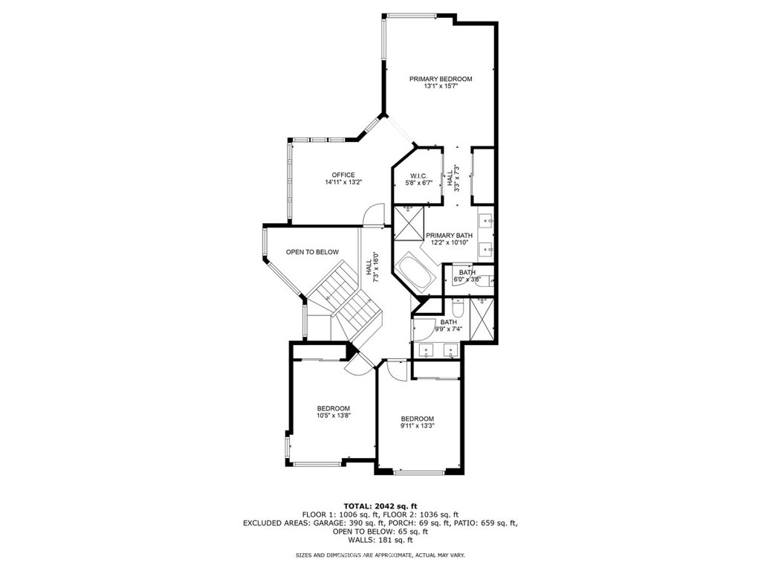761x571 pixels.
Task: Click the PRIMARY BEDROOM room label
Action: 441,79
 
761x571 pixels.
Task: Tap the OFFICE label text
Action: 343,175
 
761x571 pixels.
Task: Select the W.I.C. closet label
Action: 418,175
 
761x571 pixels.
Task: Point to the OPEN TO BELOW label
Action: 312,252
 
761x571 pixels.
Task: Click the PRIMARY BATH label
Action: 449,236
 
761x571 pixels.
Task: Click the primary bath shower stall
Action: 409,222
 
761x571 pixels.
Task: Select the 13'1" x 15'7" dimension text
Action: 441,86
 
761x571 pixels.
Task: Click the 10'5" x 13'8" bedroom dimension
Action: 334,416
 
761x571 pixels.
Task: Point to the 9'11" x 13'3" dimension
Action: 418,426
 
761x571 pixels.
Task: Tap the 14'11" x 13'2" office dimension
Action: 343,183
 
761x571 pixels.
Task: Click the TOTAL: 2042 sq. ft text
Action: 380,506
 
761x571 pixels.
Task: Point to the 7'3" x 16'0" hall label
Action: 372,267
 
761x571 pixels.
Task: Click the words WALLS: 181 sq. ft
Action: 380,540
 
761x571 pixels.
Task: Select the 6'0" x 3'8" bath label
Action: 467,276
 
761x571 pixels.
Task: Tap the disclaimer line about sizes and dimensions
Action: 380,555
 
